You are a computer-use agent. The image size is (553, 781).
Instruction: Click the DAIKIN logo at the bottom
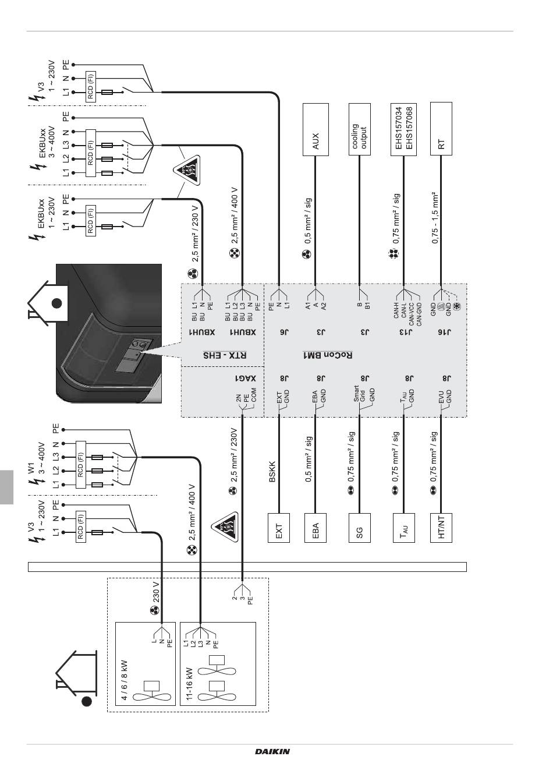(272, 751)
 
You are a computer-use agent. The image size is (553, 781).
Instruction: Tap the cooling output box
(359, 130)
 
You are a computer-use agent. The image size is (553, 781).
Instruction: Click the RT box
(441, 130)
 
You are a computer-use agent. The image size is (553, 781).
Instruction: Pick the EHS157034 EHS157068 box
(402, 130)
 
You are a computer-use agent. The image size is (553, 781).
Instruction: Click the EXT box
(278, 528)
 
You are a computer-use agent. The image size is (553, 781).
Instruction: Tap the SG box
(359, 528)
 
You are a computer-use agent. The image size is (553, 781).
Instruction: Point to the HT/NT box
(441, 528)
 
